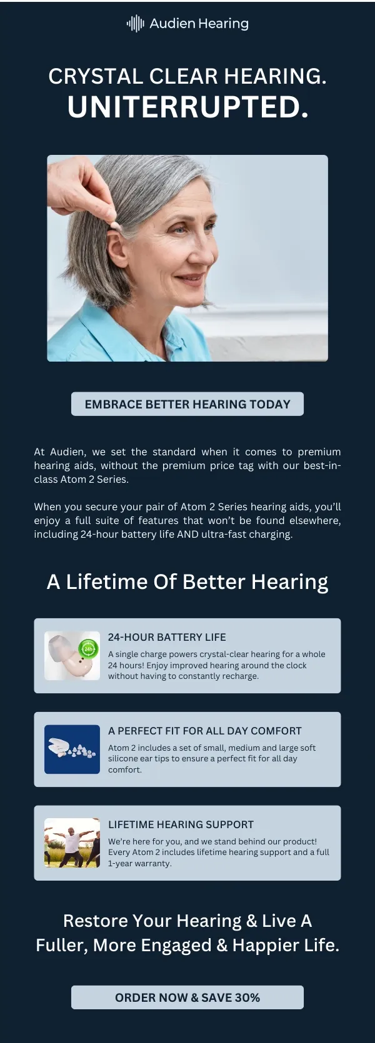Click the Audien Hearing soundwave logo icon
pos(135,23)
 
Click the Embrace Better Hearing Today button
pos(187,403)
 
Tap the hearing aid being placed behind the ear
pos(115,227)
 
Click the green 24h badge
pos(88,649)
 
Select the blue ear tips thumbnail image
pos(72,749)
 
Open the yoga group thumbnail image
pos(72,843)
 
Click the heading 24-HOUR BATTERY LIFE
pos(167,637)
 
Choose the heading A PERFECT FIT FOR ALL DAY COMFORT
pos(204,731)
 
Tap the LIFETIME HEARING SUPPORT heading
pos(181,824)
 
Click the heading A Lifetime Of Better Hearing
pos(187,582)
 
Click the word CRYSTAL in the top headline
pos(96,76)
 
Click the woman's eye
pos(178,230)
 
